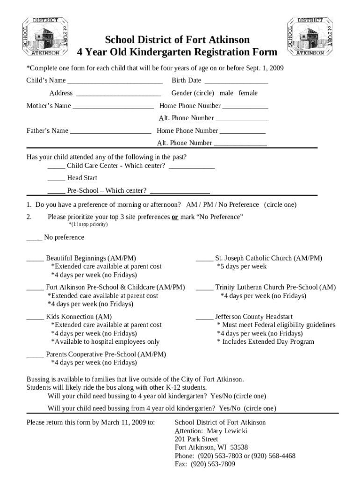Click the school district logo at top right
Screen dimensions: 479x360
(x=310, y=36)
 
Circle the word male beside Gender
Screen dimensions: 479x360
(x=226, y=93)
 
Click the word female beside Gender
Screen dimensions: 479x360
(x=248, y=93)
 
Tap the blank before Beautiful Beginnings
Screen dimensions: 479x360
(x=35, y=259)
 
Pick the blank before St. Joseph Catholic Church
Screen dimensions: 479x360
(x=204, y=259)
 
